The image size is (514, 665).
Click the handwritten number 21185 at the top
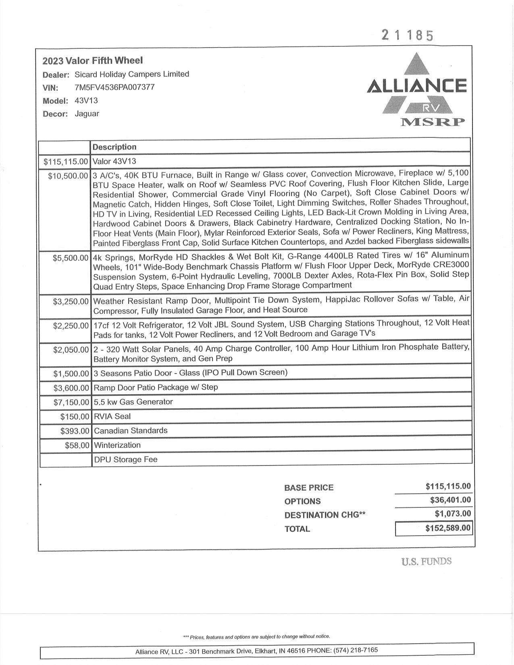(407, 36)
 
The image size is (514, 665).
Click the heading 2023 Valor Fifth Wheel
(93, 61)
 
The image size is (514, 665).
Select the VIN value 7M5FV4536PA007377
(114, 87)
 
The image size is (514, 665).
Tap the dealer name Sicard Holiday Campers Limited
(132, 74)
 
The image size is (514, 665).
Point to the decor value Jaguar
(87, 114)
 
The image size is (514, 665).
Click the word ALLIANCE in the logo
(417, 86)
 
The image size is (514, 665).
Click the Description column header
(114, 147)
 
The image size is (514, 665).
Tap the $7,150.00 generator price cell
(71, 402)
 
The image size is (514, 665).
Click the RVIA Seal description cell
(112, 416)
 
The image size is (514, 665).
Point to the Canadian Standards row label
(131, 431)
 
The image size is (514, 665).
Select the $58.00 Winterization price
(77, 445)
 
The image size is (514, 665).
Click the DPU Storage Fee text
(125, 460)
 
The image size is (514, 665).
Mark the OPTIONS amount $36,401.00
(450, 500)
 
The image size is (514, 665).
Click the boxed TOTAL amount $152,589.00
(448, 528)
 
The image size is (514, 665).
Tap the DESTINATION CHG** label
(325, 515)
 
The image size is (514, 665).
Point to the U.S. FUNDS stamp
(426, 561)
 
